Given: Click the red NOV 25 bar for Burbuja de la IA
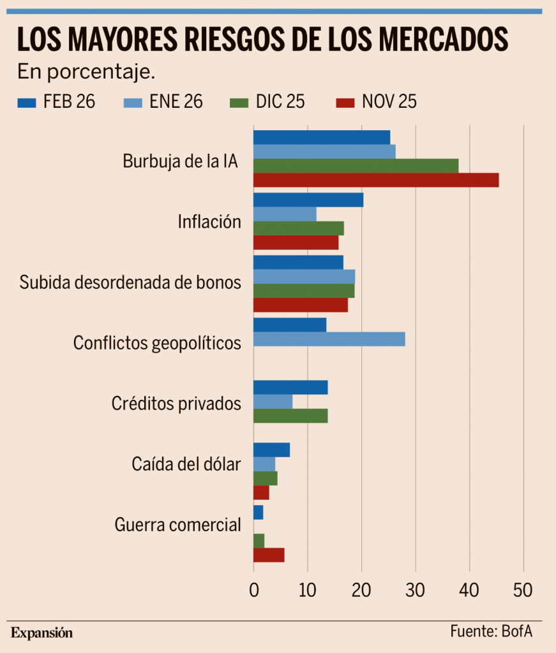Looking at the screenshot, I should [376, 180].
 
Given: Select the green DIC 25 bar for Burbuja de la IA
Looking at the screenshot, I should [356, 166].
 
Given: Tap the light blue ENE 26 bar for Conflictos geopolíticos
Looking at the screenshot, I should [329, 339].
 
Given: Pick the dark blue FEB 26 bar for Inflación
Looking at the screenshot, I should [308, 200].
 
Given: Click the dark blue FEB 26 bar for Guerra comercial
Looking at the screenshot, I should [258, 512].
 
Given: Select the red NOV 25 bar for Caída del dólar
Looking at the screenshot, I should [261, 493].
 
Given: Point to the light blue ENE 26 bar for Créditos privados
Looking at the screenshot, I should [273, 402].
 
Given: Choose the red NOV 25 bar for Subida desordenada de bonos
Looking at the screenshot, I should [301, 305].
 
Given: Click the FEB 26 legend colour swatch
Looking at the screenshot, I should [27, 102].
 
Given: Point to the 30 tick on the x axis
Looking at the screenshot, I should [416, 591].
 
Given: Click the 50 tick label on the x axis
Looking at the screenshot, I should [523, 591].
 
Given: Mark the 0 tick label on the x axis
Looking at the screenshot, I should [253, 591].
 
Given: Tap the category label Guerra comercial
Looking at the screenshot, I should [178, 525].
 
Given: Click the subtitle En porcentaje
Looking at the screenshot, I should [86, 71].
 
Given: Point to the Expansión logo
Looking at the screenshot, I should [42, 633].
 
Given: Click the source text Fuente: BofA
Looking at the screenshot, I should [491, 631].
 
